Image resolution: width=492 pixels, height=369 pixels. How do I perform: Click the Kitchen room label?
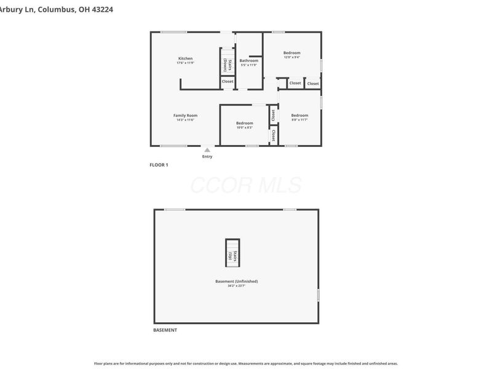pos(185,58)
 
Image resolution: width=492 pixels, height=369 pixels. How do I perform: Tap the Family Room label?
pos(185,115)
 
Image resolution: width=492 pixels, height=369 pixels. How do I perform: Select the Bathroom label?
pos(248,60)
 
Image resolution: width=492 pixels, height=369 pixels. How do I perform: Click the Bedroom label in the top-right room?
pos(292,53)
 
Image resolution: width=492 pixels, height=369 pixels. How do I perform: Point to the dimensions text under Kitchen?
pos(185,63)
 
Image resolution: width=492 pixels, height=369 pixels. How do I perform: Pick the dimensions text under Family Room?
pos(185,120)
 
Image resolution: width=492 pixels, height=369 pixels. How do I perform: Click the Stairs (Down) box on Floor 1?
pos(228,65)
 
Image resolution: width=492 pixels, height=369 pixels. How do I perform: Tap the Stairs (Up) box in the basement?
pos(232,253)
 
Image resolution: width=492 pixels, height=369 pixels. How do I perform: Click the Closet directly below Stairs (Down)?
pos(228,81)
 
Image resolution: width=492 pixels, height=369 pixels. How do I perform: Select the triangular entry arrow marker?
pos(207,149)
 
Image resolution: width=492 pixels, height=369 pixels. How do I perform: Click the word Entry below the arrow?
pos(207,157)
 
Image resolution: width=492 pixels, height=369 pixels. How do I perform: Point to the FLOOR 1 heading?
pos(159,165)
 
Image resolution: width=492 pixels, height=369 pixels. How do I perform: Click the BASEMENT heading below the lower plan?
pos(165,330)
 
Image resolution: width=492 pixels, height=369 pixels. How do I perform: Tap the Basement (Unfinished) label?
pos(236,281)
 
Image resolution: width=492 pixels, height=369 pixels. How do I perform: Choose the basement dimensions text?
pos(236,286)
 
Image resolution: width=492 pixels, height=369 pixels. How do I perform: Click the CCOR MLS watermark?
pos(246,185)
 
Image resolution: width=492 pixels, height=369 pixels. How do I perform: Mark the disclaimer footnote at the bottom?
pos(246,363)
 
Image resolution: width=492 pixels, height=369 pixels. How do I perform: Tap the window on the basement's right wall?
pos(318,295)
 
